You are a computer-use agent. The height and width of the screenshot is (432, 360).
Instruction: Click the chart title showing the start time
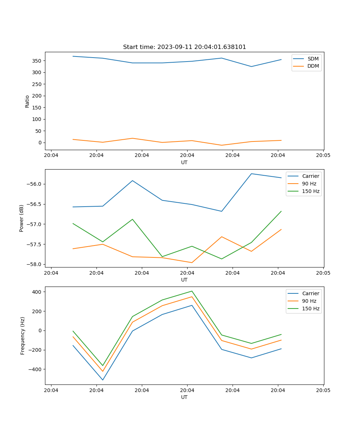(x=184, y=47)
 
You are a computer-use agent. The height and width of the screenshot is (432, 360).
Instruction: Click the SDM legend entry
(x=313, y=59)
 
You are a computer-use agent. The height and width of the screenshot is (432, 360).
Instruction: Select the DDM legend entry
(x=313, y=66)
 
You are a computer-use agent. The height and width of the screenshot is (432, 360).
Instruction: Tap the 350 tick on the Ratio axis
(x=37, y=61)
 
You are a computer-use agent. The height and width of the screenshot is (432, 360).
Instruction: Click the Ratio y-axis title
(x=27, y=101)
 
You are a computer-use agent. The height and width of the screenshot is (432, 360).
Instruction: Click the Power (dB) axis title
(x=22, y=218)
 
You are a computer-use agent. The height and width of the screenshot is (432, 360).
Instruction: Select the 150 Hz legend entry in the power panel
(x=311, y=191)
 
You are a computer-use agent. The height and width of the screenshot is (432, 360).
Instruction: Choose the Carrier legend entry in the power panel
(x=311, y=176)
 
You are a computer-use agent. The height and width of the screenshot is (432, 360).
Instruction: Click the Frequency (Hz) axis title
(x=23, y=336)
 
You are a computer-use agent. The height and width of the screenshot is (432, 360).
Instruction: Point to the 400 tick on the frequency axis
(x=38, y=292)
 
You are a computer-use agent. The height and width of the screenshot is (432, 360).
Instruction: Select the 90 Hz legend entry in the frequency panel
(x=309, y=301)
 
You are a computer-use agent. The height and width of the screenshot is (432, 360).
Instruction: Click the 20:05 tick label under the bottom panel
(x=323, y=390)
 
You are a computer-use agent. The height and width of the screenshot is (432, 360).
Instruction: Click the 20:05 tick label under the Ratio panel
(x=323, y=156)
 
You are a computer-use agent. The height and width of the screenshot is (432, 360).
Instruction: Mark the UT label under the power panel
(x=184, y=280)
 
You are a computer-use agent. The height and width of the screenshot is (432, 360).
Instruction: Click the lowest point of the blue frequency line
(x=103, y=380)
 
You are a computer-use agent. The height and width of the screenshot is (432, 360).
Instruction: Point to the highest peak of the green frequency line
(x=192, y=291)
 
